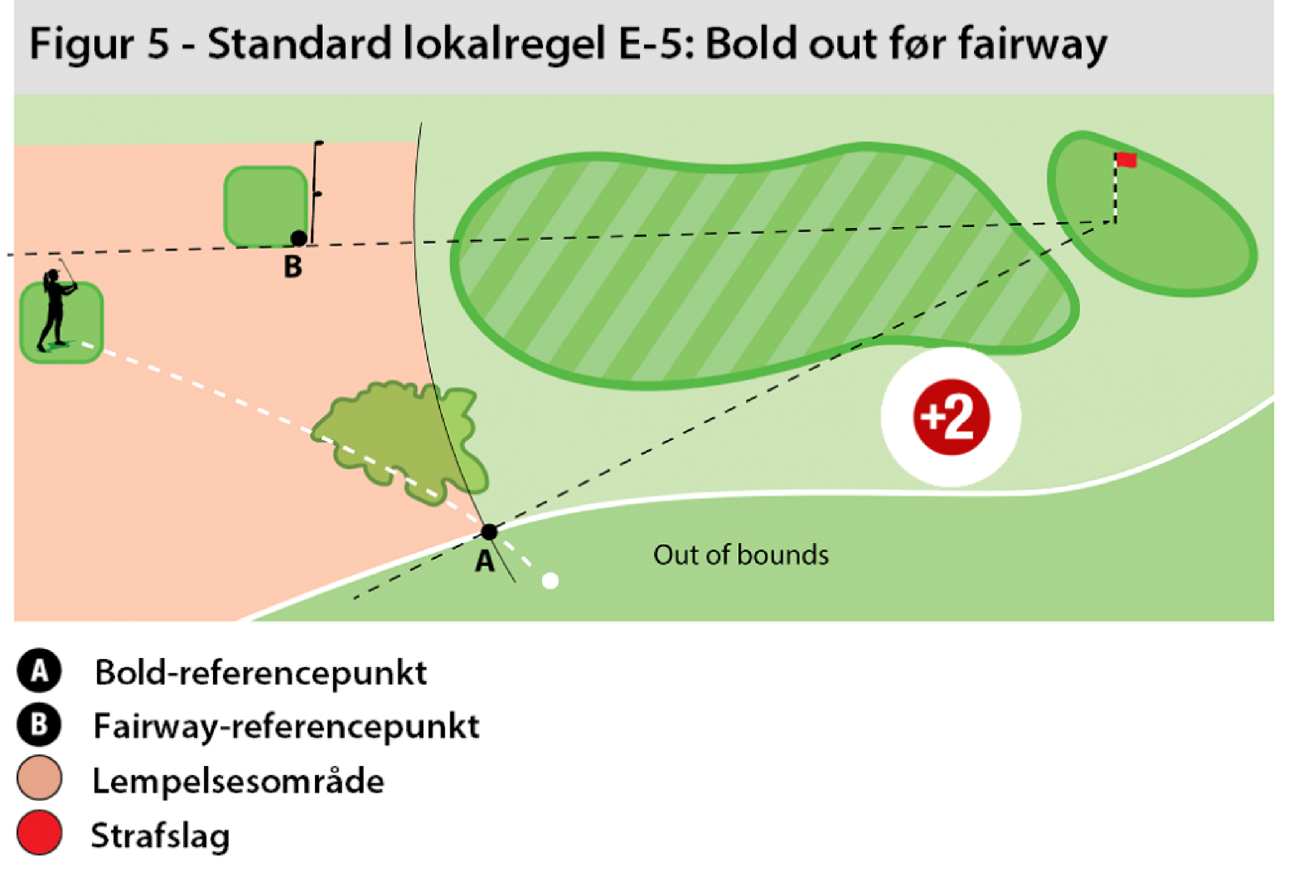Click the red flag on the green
pos(1125,160)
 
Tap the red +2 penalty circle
pos(951,417)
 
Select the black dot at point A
pos(489,532)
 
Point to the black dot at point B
pos(299,238)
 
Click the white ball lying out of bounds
pos(550,581)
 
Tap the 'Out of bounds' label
pos(740,555)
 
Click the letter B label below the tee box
pos(293,267)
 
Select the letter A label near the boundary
pos(485,561)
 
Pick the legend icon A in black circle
pos(39,671)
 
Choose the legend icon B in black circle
pos(39,724)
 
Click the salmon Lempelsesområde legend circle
pos(39,778)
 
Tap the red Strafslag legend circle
pos(39,832)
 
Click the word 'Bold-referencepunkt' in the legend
pos(260,673)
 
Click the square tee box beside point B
pos(265,206)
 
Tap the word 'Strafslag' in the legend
pos(160,835)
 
